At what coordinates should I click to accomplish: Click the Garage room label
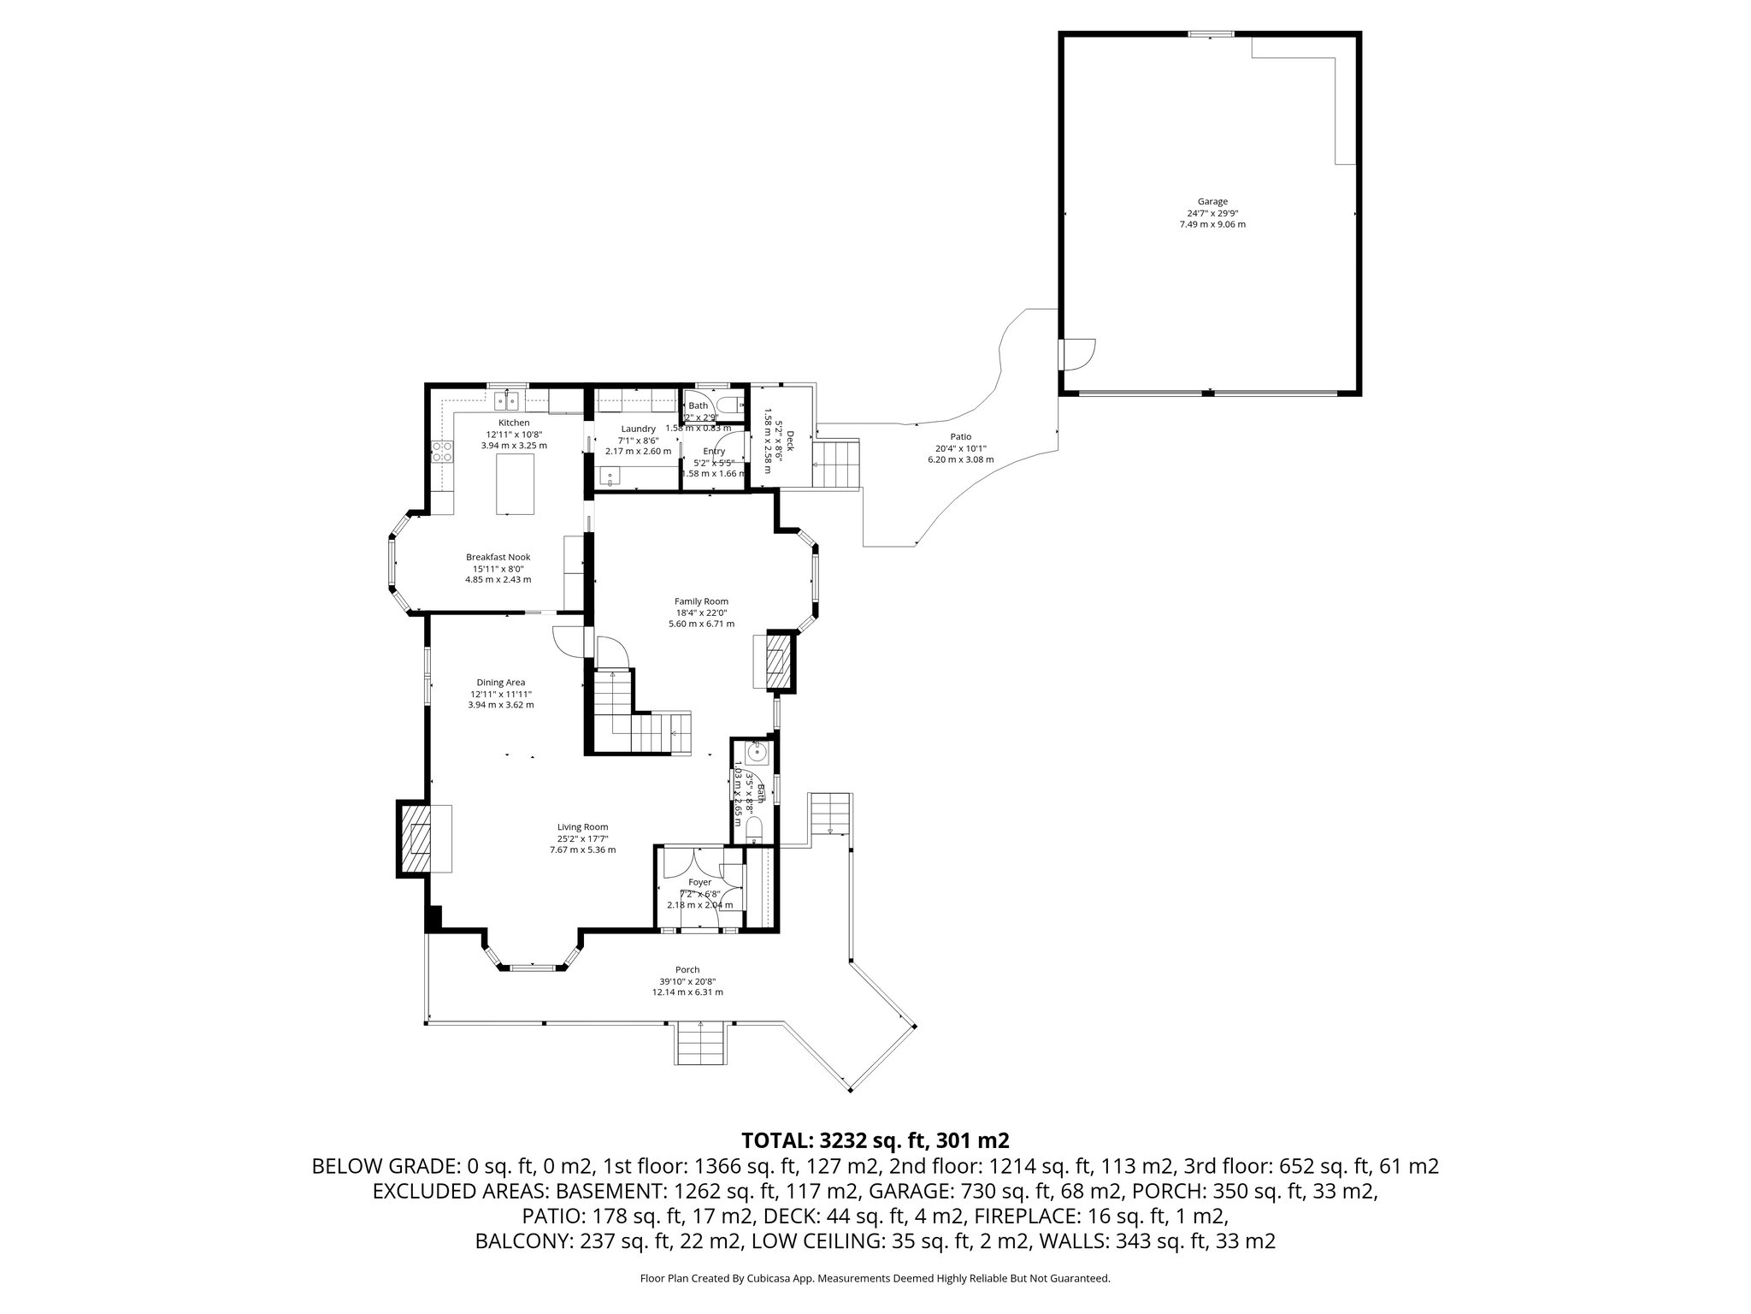(1212, 202)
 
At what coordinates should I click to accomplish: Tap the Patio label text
(960, 437)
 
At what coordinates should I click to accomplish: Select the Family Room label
(701, 601)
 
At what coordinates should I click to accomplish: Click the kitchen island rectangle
(516, 483)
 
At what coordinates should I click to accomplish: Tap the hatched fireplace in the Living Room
(418, 838)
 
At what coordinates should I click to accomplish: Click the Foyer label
(699, 882)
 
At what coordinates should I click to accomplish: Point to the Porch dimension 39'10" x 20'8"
(687, 981)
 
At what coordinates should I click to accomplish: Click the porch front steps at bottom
(701, 1043)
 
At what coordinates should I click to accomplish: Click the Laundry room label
(638, 429)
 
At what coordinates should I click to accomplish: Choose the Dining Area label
(501, 682)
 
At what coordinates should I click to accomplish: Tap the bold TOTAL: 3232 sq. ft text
(875, 1140)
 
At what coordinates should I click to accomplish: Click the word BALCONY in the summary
(521, 1241)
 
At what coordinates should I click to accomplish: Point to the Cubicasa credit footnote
(875, 1279)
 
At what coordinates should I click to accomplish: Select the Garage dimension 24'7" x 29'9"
(1212, 213)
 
